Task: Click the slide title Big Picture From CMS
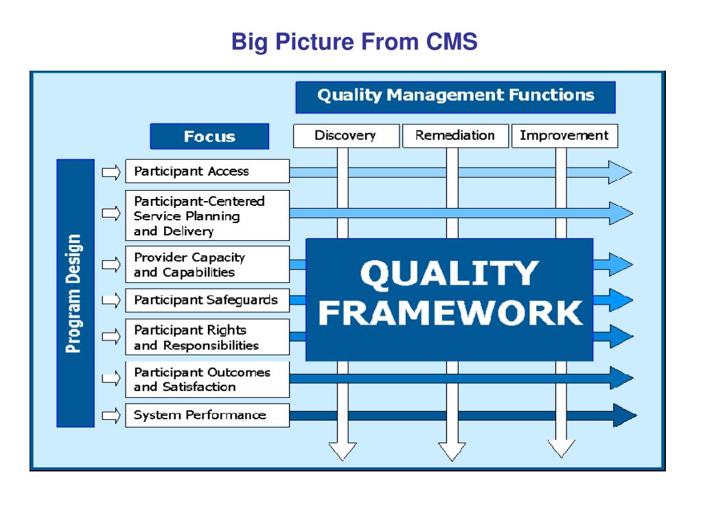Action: coord(354,43)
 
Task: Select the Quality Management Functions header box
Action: coord(455,96)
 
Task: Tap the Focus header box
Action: coord(209,136)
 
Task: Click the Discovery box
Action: coord(345,135)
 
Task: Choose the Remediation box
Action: coord(454,135)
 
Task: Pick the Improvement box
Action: coord(564,135)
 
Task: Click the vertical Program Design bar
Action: coord(75,294)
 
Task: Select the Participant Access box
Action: coord(207,171)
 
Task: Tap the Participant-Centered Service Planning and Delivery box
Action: coord(207,215)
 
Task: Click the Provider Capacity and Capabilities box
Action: coord(207,264)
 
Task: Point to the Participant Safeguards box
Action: coord(207,300)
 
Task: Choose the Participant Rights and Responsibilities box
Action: coord(207,338)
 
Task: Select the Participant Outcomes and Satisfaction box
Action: coord(207,379)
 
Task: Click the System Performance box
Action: coord(207,415)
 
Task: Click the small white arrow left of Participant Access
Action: coord(110,171)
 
